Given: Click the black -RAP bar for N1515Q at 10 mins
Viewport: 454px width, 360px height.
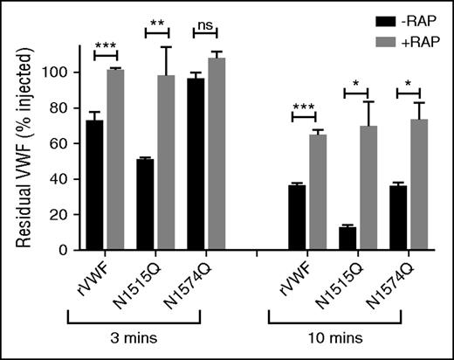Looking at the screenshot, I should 347,239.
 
